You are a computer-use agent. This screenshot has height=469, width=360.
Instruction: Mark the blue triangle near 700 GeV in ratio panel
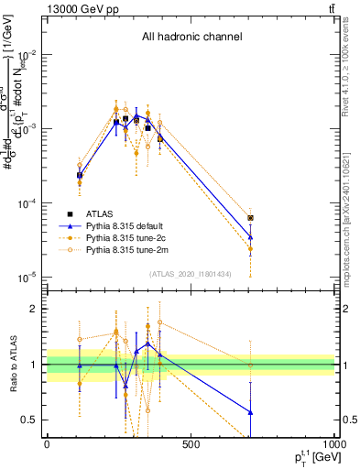pos(250,412)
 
